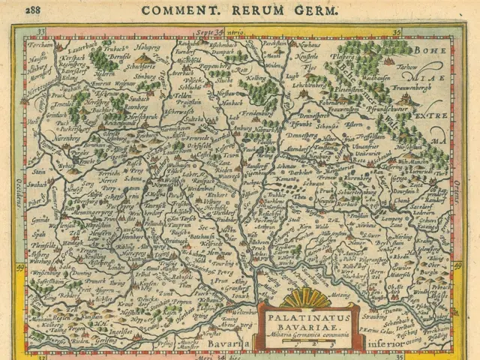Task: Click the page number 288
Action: [34, 10]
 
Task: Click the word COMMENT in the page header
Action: [175, 10]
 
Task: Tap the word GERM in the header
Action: [317, 10]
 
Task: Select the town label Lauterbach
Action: [68, 46]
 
